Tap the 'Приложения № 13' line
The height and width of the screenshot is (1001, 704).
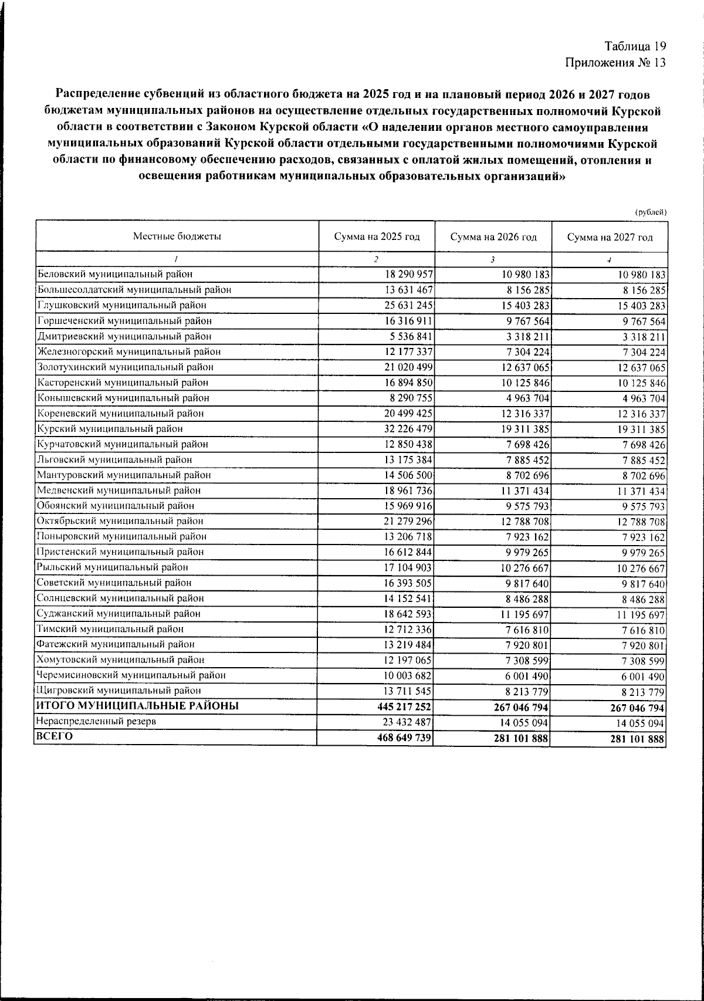click(x=615, y=63)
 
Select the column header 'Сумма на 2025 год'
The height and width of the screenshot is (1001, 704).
click(x=377, y=237)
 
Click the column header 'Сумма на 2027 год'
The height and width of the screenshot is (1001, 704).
click(x=610, y=238)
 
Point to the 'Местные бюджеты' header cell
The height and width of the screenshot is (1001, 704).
click(x=177, y=237)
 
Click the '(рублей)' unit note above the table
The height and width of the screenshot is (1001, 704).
click(x=651, y=212)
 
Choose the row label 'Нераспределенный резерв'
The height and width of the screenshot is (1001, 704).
click(x=96, y=722)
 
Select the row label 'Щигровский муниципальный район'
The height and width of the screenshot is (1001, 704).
click(x=119, y=691)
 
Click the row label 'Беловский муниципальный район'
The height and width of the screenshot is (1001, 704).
click(x=115, y=274)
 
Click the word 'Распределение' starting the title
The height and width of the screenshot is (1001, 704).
click(x=98, y=94)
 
